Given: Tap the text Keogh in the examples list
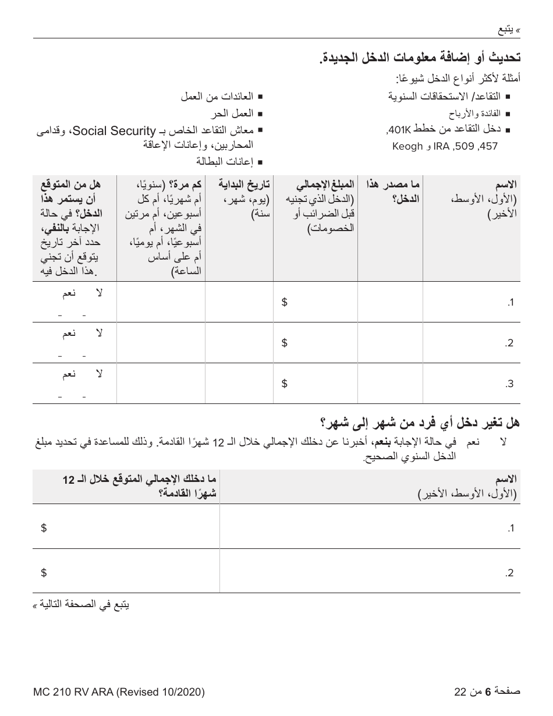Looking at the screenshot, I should pyautogui.click(x=407, y=146).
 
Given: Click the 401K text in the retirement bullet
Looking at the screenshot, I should pyautogui.click(x=398, y=130).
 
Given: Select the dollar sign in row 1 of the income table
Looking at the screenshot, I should pyautogui.click(x=284, y=302).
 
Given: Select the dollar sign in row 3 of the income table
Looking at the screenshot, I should pyautogui.click(x=284, y=383).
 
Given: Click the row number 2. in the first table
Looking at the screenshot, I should pyautogui.click(x=510, y=343).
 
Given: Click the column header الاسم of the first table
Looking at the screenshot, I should pyautogui.click(x=506, y=185).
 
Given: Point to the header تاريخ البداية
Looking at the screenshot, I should pyautogui.click(x=244, y=185).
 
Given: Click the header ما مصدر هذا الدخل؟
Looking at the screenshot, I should pyautogui.click(x=394, y=185).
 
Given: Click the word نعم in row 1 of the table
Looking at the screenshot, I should pyautogui.click(x=69, y=293).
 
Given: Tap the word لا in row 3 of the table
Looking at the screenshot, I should pyautogui.click(x=98, y=374).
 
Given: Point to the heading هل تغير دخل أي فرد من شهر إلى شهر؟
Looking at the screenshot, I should pyautogui.click(x=420, y=422).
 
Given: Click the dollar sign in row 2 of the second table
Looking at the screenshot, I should pyautogui.click(x=44, y=572).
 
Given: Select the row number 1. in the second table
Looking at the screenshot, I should pyautogui.click(x=511, y=528).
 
